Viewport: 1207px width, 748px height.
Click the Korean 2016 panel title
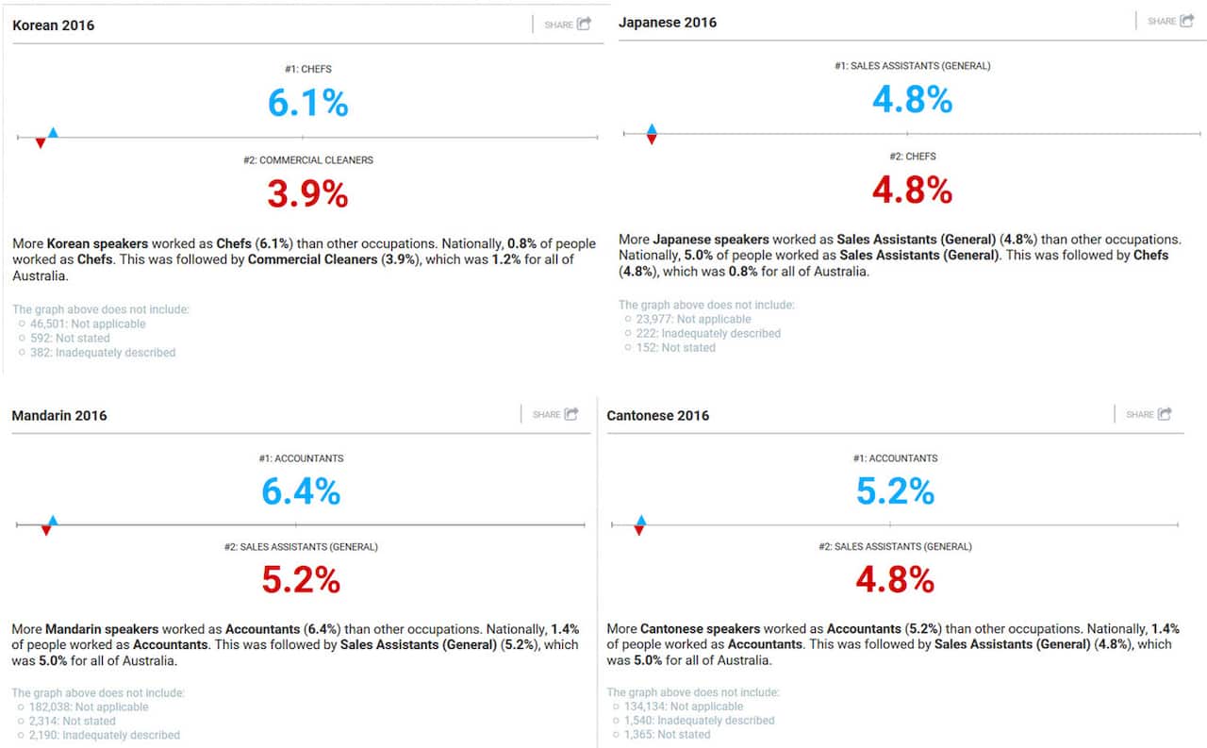coord(54,25)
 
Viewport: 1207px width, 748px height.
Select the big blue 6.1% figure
coord(307,102)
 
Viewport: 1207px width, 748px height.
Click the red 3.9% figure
coord(307,194)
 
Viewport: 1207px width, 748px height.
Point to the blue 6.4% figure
coord(301,491)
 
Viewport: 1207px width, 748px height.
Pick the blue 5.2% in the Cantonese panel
coord(895,490)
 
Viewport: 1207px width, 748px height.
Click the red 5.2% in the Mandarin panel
coord(301,580)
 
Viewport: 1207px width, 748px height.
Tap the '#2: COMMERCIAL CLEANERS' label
coord(307,160)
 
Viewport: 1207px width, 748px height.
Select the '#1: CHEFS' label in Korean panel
coord(307,69)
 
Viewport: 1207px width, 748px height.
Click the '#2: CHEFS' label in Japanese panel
coord(912,157)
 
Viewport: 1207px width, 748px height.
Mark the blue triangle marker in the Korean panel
coord(53,133)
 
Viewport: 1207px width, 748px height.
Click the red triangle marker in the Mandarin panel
coord(45,530)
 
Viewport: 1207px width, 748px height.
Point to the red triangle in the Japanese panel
coord(652,140)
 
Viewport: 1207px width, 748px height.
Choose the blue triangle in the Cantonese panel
coord(641,520)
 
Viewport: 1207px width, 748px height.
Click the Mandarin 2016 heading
coord(59,416)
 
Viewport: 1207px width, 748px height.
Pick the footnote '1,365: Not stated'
coord(667,734)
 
